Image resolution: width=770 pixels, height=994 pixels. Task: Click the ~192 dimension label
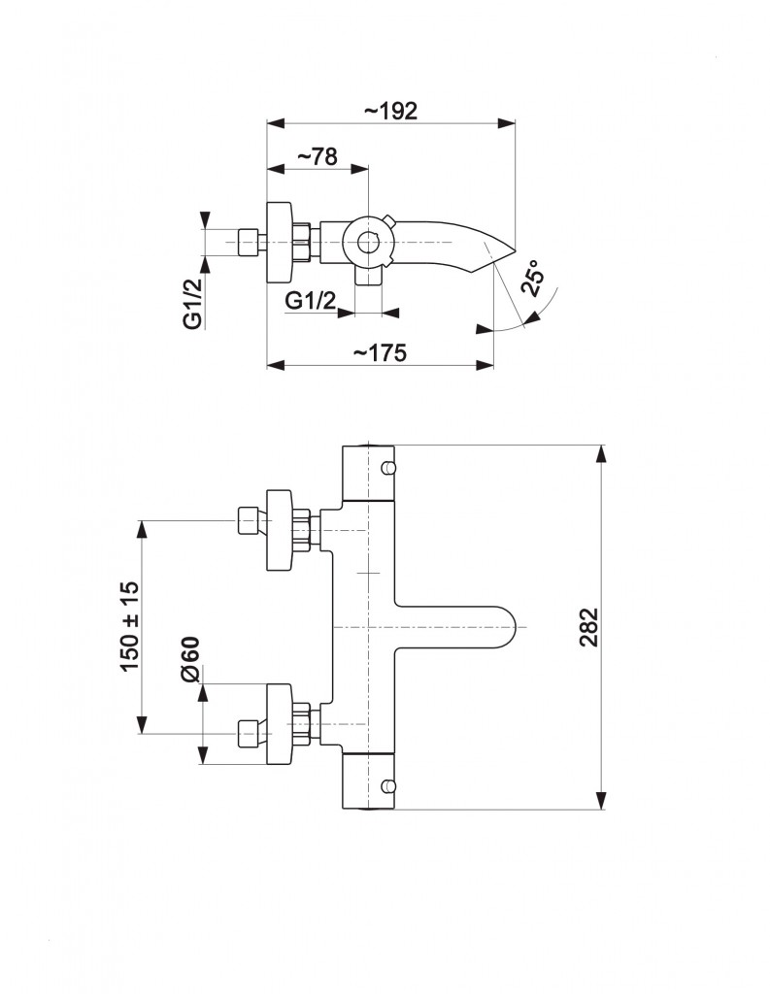click(x=390, y=111)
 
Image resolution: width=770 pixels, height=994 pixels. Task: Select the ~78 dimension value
click(x=317, y=156)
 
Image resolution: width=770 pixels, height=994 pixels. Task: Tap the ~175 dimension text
click(x=380, y=353)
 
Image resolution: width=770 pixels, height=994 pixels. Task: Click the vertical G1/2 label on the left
click(x=192, y=303)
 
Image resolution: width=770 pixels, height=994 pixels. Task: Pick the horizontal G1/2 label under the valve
click(x=310, y=300)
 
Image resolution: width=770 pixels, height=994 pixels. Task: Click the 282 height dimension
click(x=589, y=627)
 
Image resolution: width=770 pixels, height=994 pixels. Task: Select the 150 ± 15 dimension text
click(x=129, y=626)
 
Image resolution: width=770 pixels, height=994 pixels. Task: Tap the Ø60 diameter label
click(x=190, y=660)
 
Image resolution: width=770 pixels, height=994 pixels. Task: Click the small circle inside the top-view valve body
click(x=367, y=242)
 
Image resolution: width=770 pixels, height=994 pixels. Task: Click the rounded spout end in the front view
click(x=515, y=627)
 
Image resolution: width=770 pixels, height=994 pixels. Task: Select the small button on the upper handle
click(x=387, y=468)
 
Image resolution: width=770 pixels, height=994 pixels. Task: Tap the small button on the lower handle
click(x=387, y=786)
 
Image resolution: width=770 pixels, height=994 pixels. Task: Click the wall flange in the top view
click(x=280, y=242)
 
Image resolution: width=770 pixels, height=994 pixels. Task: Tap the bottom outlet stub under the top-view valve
click(x=368, y=276)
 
